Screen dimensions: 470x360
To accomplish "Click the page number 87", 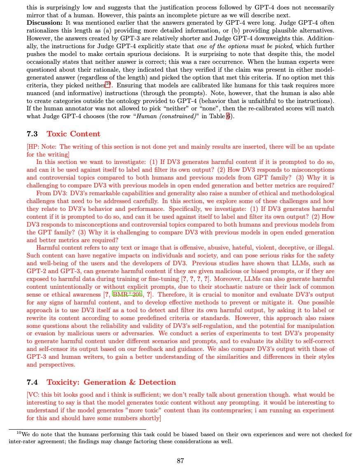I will pos(180,461).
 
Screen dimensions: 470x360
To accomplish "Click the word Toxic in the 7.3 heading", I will pos(56,134).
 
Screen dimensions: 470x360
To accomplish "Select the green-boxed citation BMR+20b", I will pos(127,295).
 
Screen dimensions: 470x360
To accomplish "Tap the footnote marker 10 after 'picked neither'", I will pos(108,84).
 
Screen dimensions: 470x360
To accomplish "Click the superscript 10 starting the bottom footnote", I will pos(19,433).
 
